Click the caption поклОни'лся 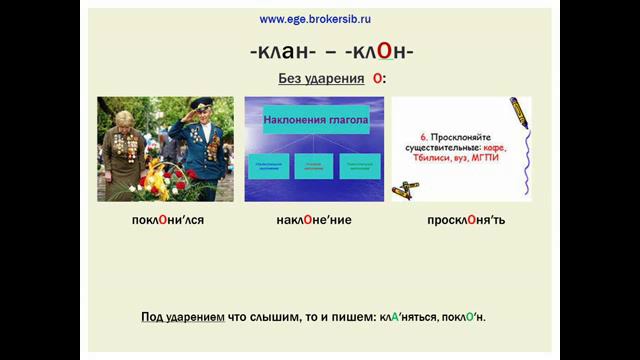click(166, 218)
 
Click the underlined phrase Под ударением click(181, 317)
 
